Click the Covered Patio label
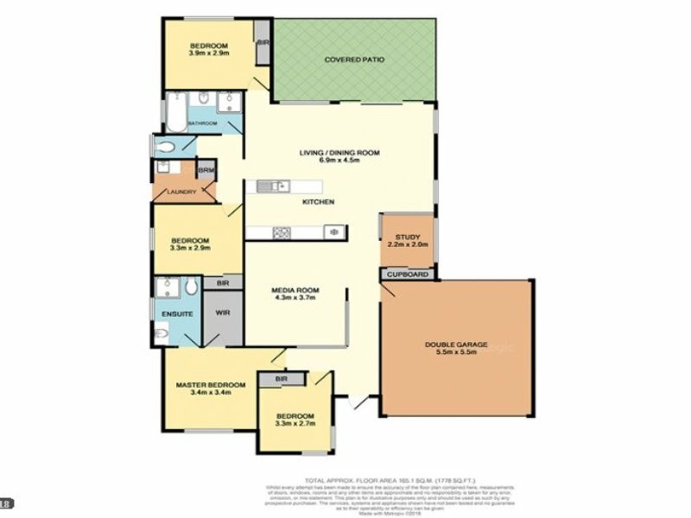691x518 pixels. [354, 60]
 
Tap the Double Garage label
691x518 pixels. [456, 344]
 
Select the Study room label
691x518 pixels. [407, 237]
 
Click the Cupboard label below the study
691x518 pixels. [407, 275]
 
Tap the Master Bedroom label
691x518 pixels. [211, 385]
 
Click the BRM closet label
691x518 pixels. [206, 170]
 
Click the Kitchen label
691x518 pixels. [318, 202]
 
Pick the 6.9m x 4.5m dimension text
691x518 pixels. [339, 161]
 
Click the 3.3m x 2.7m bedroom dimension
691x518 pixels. [295, 424]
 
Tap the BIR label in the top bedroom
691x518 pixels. [263, 41]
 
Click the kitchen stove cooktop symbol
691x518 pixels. [281, 232]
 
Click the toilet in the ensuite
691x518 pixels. [162, 333]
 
